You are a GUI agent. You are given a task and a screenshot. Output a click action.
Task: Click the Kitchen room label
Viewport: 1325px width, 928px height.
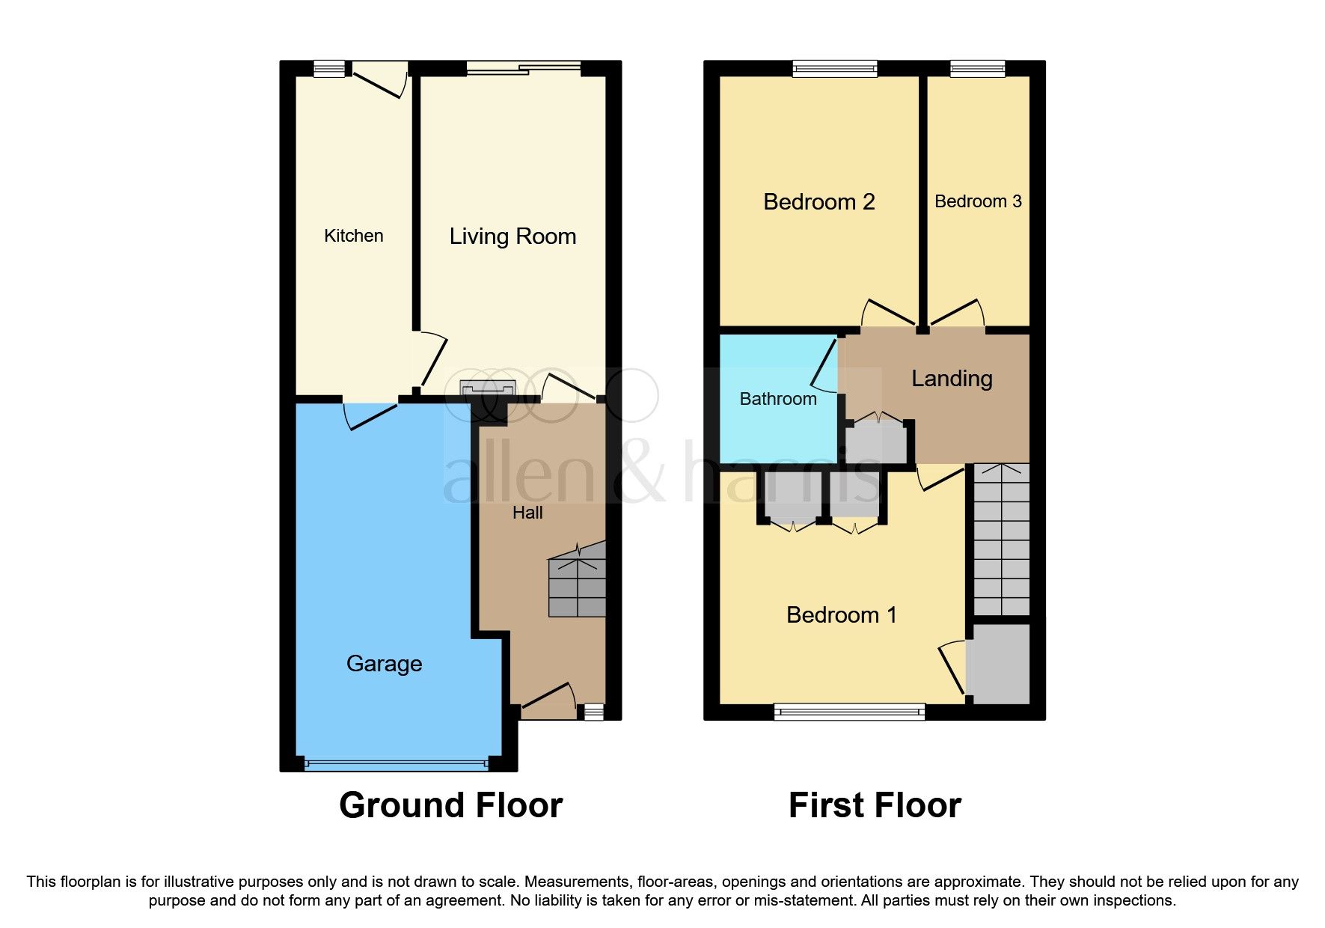pyautogui.click(x=353, y=236)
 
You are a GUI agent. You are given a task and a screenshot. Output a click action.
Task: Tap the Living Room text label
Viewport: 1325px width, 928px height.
pyautogui.click(x=512, y=236)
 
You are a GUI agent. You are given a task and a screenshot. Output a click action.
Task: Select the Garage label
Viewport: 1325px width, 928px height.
pyautogui.click(x=384, y=664)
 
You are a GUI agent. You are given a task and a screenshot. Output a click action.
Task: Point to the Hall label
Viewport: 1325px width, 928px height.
pyautogui.click(x=527, y=513)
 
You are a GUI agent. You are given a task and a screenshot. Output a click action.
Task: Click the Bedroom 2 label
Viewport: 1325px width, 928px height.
pyautogui.click(x=818, y=202)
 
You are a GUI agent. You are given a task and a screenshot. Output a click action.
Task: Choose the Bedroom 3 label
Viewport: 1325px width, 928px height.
pyautogui.click(x=978, y=201)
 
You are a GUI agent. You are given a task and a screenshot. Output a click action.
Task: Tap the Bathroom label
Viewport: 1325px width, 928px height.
pyautogui.click(x=778, y=399)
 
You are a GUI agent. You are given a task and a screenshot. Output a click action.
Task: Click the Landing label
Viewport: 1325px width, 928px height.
pyautogui.click(x=952, y=379)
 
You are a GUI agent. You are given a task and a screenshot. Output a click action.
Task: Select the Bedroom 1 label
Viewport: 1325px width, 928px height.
pyautogui.click(x=841, y=615)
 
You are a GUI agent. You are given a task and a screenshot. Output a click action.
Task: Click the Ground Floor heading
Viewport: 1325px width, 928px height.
pyautogui.click(x=450, y=806)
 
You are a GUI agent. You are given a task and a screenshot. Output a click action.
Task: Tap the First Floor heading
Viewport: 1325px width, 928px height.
pyautogui.click(x=875, y=806)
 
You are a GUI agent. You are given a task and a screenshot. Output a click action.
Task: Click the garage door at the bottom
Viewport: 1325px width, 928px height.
pyautogui.click(x=397, y=764)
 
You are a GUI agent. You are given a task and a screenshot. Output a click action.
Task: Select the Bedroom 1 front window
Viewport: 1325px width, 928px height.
pyautogui.click(x=849, y=711)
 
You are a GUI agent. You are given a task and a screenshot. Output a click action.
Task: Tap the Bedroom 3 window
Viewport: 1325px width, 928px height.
pyautogui.click(x=977, y=69)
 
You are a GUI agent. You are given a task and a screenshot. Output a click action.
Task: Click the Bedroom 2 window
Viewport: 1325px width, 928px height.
pyautogui.click(x=834, y=69)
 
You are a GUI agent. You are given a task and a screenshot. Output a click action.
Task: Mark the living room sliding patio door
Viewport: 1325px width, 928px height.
pyautogui.click(x=524, y=69)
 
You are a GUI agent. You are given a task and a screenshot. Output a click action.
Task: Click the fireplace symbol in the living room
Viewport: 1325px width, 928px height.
pyautogui.click(x=488, y=388)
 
